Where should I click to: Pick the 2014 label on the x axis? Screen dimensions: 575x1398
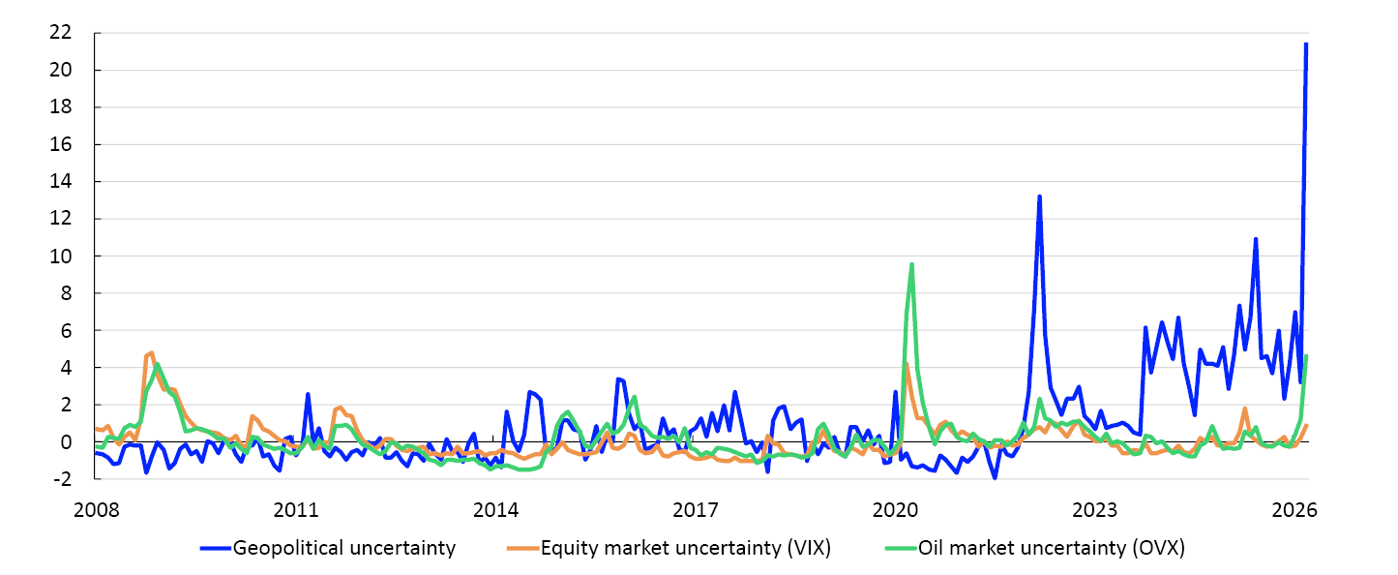click(495, 509)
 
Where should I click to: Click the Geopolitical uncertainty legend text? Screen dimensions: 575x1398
click(345, 548)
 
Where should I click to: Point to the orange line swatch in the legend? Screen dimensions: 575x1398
click(522, 549)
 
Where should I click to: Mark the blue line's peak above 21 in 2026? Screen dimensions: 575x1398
click(1306, 44)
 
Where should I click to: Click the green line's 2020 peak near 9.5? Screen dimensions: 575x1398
click(911, 264)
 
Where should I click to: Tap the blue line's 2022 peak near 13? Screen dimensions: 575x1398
click(1039, 197)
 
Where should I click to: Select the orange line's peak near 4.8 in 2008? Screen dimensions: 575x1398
click(152, 352)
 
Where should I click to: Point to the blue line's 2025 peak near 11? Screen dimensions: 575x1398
click(1256, 238)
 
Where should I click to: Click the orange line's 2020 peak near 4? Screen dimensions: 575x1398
click(906, 365)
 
